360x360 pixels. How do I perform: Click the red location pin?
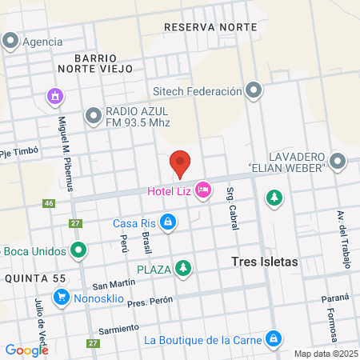pos(180,163)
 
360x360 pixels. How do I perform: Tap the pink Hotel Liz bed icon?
pos(203,190)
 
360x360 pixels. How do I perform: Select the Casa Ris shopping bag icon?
pos(168,222)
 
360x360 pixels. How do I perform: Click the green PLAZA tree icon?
pos(184,268)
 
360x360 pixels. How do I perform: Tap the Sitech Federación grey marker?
pos(254,90)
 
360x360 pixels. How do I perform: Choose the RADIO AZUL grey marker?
pos(93,118)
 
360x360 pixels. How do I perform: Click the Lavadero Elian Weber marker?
pos(338,162)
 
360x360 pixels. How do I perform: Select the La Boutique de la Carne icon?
pos(274,338)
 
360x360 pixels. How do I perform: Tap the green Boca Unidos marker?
pos(78,250)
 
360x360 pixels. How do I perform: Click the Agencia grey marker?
pos(11,41)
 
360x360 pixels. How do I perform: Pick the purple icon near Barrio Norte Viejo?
pos(54,97)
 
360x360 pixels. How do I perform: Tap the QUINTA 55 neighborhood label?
pos(33,277)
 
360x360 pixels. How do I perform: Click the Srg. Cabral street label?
pos(231,209)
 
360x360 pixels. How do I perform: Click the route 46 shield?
pos(50,204)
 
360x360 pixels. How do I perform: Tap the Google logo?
pos(26,349)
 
